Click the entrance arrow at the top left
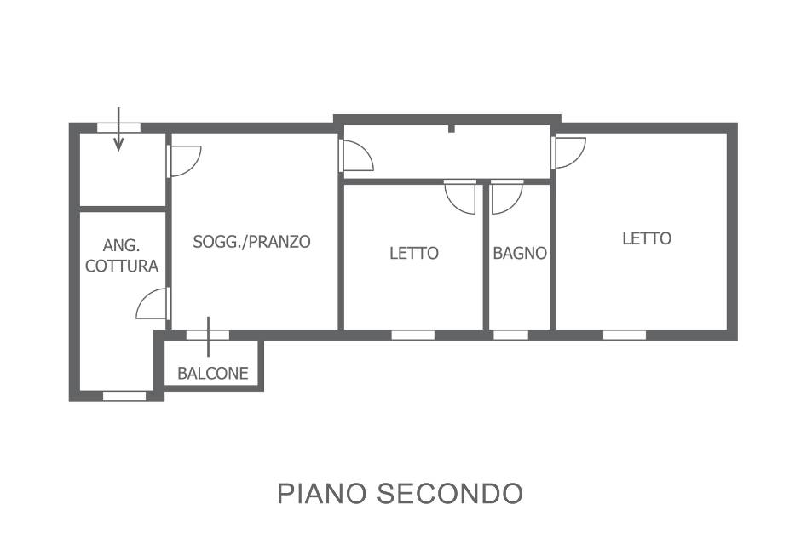pos(118,129)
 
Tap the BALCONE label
pos(212,373)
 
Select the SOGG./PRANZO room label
pos(252,242)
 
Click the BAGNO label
pos(520,253)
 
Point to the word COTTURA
pos(122,266)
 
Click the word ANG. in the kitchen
pos(122,245)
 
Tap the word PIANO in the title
pos(322,493)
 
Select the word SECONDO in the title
pos(450,493)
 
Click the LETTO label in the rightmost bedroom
pos(647,238)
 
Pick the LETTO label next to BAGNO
pos(414,253)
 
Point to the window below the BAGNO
pos(510,335)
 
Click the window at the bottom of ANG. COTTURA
pos(124,396)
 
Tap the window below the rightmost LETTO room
pos(625,335)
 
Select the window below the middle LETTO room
pos(413,335)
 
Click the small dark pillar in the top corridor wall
pos(451,129)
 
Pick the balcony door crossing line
pos(209,336)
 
